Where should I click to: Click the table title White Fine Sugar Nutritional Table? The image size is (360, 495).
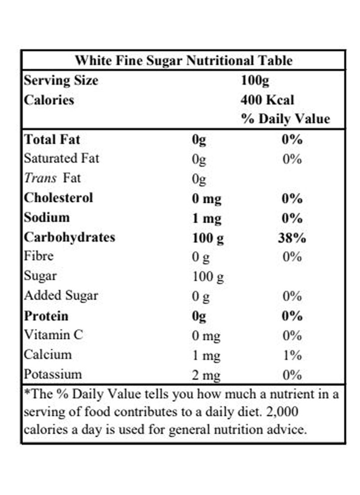[183, 60]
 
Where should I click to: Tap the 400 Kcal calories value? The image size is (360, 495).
[267, 100]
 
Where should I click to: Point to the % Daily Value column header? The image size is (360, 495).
[285, 119]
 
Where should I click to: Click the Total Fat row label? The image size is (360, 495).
[52, 139]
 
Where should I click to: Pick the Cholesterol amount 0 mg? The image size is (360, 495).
[207, 198]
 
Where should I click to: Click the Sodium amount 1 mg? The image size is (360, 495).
[207, 218]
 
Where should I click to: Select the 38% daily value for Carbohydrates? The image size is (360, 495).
[292, 238]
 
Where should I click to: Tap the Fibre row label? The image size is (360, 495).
[39, 256]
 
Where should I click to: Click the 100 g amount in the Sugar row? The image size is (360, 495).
[207, 276]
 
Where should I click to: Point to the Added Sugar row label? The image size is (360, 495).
[61, 296]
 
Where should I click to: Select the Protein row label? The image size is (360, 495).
[46, 316]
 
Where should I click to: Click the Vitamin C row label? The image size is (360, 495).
[53, 335]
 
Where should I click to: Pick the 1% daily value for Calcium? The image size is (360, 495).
[292, 355]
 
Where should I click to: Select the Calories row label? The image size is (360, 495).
[49, 100]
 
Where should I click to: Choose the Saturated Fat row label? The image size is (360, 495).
[61, 158]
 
